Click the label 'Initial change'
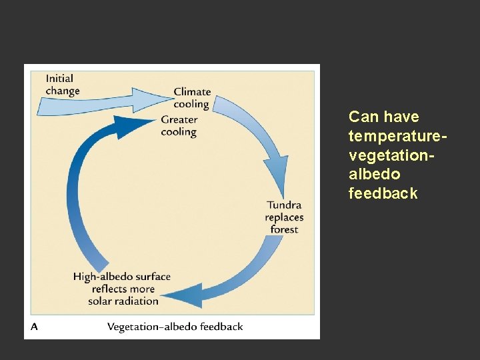coord(63,85)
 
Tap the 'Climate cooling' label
coord(192,97)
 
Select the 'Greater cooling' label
coord(179,125)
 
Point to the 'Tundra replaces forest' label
coord(284,217)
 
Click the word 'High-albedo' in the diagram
coord(102,277)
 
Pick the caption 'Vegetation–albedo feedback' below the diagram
coord(175,327)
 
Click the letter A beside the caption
coord(34,327)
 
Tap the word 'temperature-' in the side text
coord(396,136)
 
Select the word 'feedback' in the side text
coord(383,193)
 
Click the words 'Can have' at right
coord(383,117)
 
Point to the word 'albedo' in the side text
coord(374,174)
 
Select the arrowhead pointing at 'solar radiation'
coord(181,295)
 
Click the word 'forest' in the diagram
coord(284,229)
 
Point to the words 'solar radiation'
coord(123,301)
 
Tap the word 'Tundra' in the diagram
coord(284,205)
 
